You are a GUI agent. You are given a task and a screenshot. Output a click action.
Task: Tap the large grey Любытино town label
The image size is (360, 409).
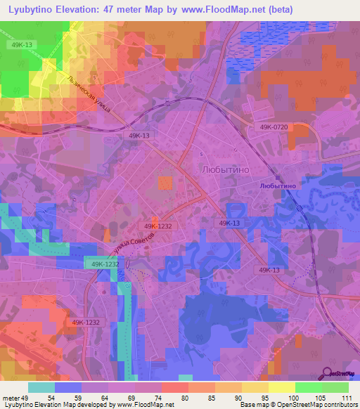(227, 170)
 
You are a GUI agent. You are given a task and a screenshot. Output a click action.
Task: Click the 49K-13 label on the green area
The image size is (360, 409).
(22, 44)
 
